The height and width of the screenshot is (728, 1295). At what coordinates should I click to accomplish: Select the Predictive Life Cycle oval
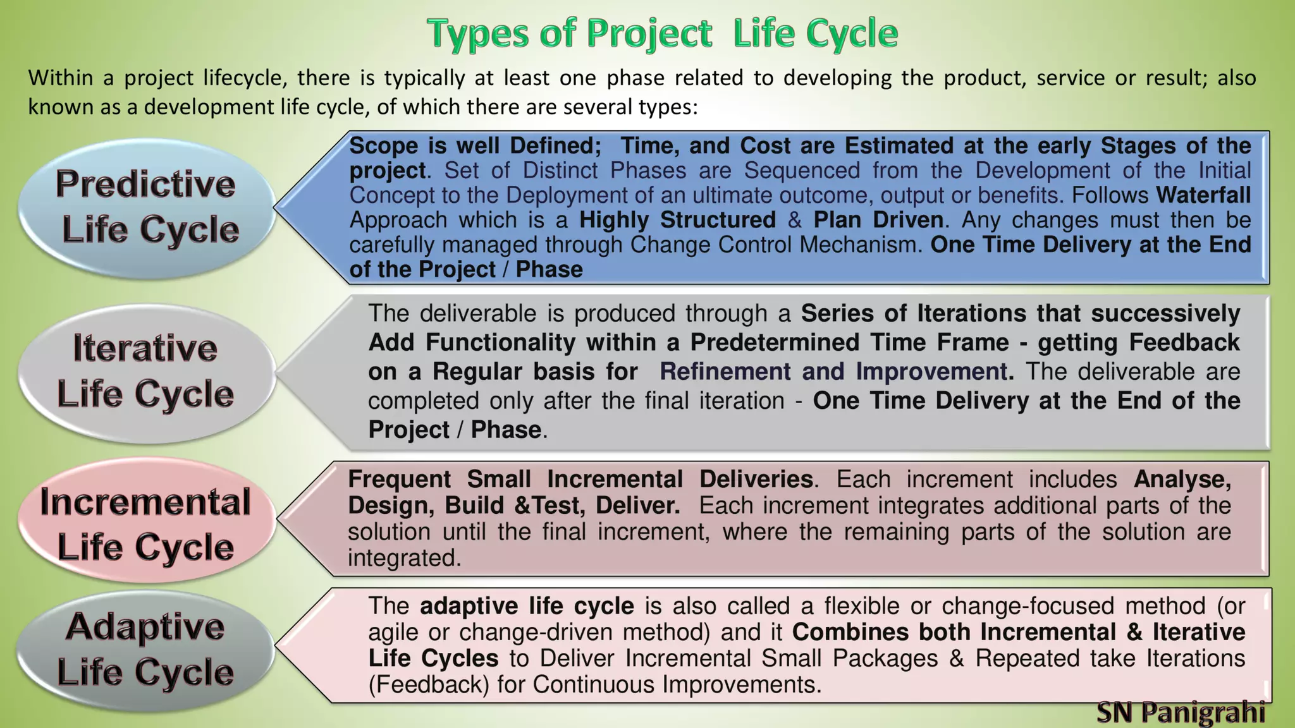(147, 207)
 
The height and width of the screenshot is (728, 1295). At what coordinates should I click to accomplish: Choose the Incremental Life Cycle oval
(147, 523)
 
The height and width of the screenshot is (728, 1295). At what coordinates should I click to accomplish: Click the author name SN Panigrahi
(1180, 713)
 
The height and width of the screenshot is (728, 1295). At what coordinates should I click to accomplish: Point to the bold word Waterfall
(1203, 195)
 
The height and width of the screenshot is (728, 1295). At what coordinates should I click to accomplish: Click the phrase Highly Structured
(677, 220)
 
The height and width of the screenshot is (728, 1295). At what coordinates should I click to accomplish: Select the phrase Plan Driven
(878, 220)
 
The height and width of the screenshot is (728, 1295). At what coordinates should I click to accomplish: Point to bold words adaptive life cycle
(527, 606)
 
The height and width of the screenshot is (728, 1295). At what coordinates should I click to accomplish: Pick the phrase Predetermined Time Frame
(849, 343)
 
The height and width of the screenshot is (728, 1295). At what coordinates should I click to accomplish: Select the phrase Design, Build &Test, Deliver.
(513, 506)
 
